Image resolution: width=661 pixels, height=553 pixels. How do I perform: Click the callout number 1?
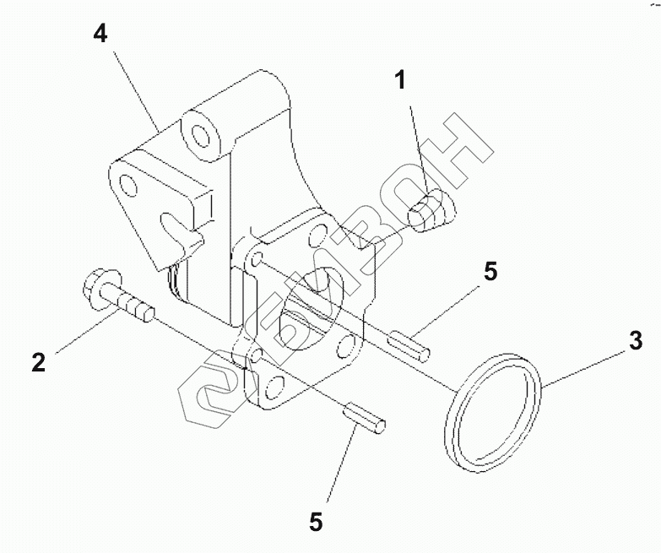click(401, 81)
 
